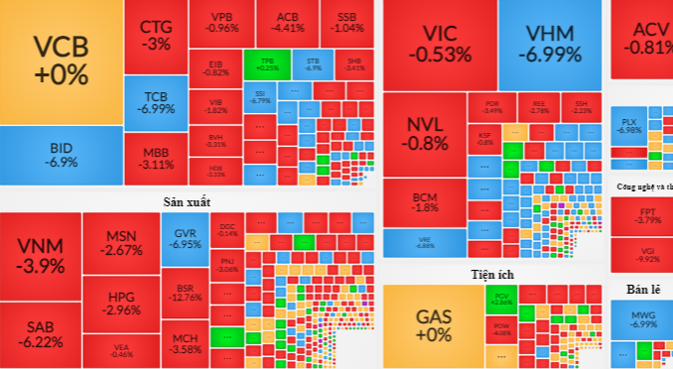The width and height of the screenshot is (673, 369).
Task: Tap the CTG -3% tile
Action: click(x=155, y=35)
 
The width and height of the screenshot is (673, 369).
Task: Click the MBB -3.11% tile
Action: click(x=155, y=158)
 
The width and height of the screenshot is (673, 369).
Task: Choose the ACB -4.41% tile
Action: click(x=287, y=23)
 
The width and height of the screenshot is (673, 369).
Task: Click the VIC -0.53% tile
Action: click(x=439, y=45)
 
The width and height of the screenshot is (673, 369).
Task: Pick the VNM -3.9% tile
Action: click(x=40, y=256)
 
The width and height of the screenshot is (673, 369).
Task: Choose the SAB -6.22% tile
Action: click(x=40, y=333)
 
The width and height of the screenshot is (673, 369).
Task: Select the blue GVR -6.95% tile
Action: click(x=185, y=238)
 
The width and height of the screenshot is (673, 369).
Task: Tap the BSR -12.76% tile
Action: click(x=185, y=292)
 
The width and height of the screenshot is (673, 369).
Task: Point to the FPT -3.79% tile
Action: click(x=639, y=217)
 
